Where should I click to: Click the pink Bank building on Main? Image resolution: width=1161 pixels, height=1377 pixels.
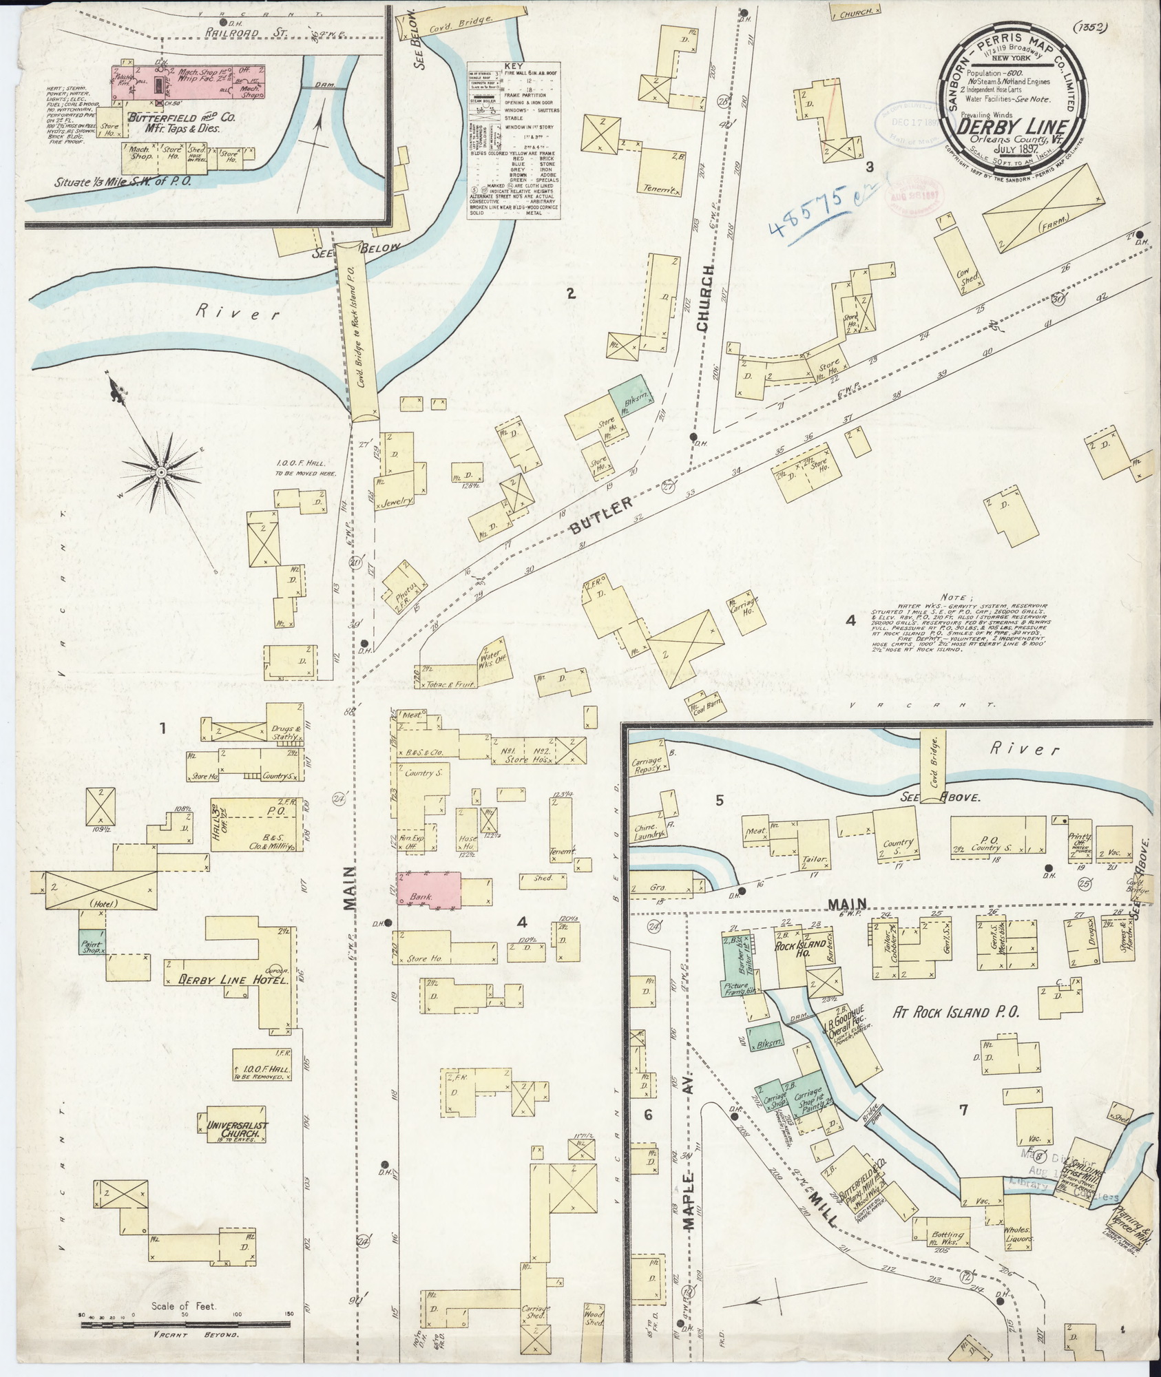click(x=429, y=891)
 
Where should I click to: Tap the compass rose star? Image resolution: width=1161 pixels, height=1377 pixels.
click(x=160, y=472)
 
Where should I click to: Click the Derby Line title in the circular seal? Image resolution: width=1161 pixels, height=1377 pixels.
click(x=1011, y=127)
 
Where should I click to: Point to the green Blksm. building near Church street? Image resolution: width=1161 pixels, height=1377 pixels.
click(x=629, y=395)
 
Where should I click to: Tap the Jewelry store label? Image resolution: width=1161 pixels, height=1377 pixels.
click(x=395, y=501)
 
